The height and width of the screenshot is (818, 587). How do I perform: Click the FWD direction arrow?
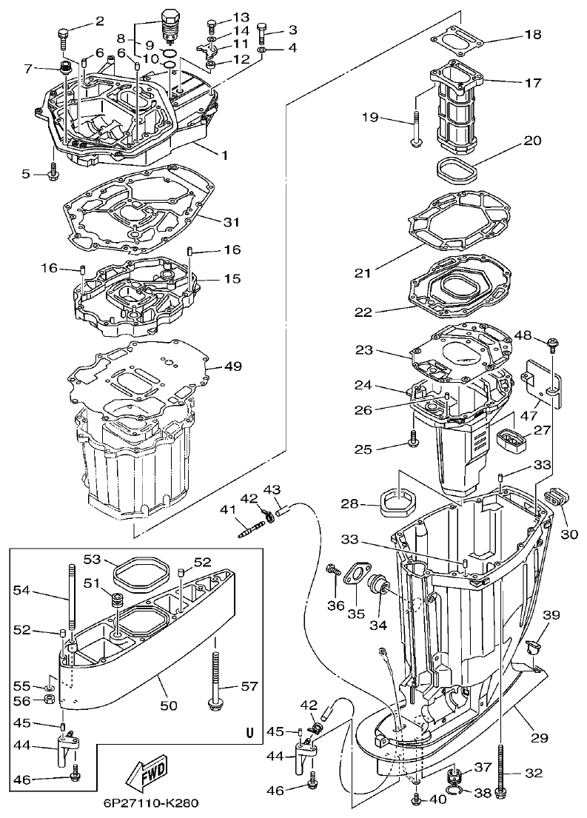click(147, 771)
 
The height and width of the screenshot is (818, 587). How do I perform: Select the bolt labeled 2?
click(63, 33)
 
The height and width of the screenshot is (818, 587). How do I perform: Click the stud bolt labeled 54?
click(70, 600)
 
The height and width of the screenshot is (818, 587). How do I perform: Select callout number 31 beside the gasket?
click(231, 221)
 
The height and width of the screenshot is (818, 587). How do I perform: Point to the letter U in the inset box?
click(249, 734)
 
